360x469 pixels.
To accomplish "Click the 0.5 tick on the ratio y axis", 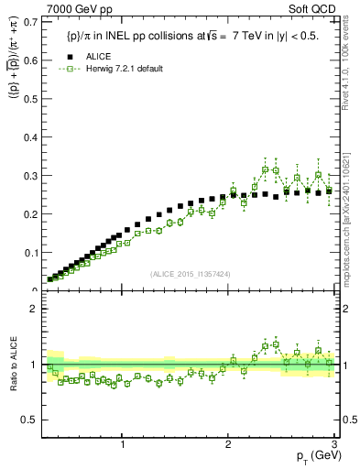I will point(33,420).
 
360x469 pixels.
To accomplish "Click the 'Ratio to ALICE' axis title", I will point(12,365).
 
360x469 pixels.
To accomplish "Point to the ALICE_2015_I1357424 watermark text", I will point(189,274).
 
